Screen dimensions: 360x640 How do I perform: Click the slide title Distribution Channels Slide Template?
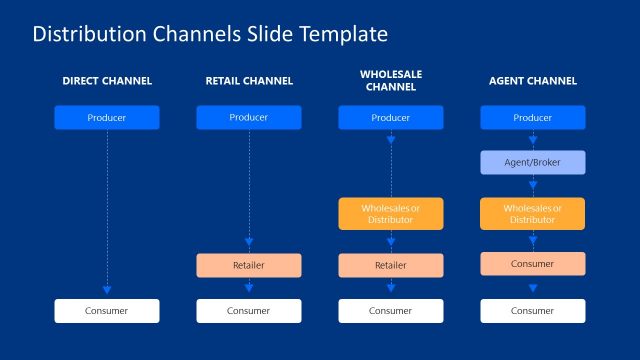[210, 34]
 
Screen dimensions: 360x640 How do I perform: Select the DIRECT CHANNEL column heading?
[107, 81]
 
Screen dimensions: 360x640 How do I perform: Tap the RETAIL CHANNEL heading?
[248, 81]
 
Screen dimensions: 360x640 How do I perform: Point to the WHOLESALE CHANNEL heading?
[390, 81]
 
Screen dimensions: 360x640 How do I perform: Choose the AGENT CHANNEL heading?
[532, 81]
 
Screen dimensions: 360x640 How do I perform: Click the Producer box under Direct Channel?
[107, 118]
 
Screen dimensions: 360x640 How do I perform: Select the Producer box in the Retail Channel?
[248, 118]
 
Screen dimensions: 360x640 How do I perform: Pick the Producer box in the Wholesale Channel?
[390, 118]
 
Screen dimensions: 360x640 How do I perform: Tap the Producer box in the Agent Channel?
[532, 118]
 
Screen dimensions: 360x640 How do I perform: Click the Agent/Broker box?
[532, 162]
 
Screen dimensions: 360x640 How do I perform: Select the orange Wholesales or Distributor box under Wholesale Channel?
[390, 214]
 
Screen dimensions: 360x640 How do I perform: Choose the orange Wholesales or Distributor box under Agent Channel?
[532, 214]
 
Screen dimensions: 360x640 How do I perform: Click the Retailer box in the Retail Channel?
[248, 265]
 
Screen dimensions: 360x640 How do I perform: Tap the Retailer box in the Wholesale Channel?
[390, 265]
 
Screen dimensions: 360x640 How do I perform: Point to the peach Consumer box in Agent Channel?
[532, 264]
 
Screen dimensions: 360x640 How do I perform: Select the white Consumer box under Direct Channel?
[107, 311]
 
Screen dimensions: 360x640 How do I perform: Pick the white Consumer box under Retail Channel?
[248, 311]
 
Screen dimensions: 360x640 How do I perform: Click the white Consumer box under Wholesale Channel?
[390, 311]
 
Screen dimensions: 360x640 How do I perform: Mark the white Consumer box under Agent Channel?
[532, 311]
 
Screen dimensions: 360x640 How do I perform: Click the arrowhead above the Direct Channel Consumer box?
[107, 288]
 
